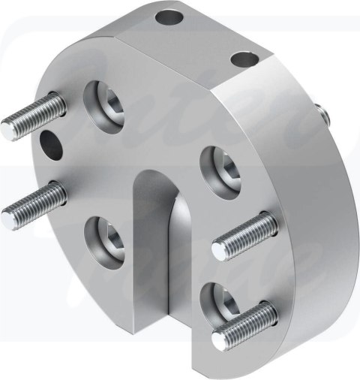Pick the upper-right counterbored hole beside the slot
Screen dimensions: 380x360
click(221, 167)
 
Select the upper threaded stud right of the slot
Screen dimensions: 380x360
click(244, 236)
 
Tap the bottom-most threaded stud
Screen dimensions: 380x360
click(244, 326)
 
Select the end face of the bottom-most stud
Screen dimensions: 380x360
click(219, 341)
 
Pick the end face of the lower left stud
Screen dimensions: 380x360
click(8, 219)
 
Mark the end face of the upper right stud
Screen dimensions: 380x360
click(219, 250)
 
